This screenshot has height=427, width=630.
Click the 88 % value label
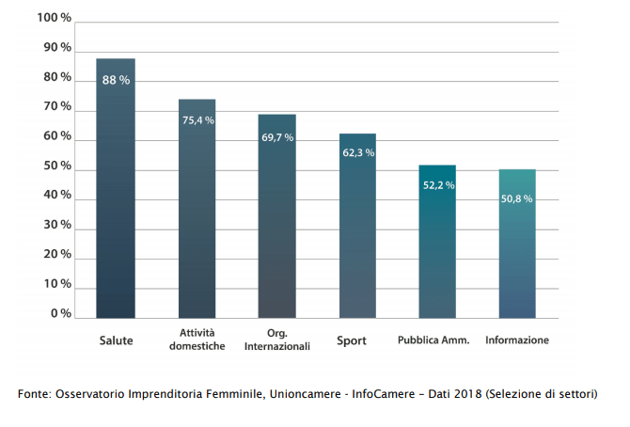[x=116, y=80]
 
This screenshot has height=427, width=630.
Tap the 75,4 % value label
[x=197, y=120]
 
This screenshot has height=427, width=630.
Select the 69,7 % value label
[x=277, y=137]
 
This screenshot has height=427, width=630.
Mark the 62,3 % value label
[x=358, y=151]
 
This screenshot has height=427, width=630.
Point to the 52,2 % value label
[x=438, y=185]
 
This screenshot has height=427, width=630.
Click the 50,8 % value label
[x=517, y=198]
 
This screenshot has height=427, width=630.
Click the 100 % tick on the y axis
[x=54, y=18]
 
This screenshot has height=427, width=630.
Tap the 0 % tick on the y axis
[x=60, y=313]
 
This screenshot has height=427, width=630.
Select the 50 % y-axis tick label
[x=56, y=166]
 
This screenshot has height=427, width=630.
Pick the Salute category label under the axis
[x=116, y=340]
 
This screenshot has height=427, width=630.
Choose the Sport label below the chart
[x=352, y=340]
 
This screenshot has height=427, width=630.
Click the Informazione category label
[x=517, y=340]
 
